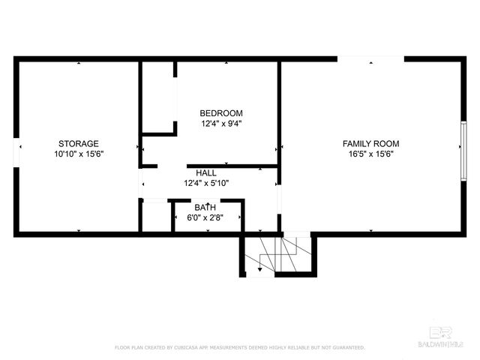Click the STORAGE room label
tap(79, 143)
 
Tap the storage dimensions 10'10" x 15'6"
tap(79, 154)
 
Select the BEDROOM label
tap(220, 113)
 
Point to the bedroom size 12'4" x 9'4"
tap(220, 124)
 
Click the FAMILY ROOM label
tap(370, 143)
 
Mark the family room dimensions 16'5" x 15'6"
tap(370, 154)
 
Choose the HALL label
tap(206, 172)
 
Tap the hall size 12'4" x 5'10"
tap(206, 182)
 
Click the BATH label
tap(205, 207)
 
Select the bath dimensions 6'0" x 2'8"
tap(205, 217)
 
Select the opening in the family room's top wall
tap(370, 58)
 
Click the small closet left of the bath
tap(155, 217)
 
